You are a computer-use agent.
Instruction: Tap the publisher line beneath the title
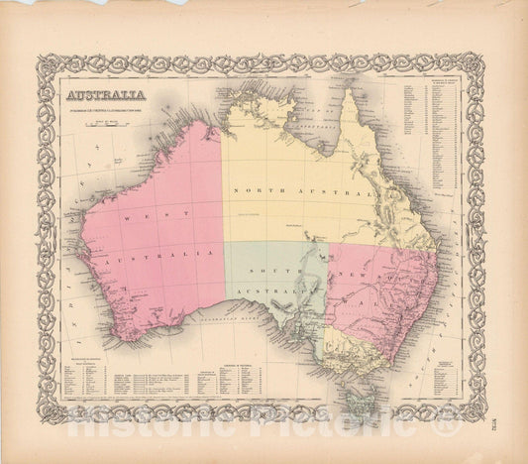(109, 109)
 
